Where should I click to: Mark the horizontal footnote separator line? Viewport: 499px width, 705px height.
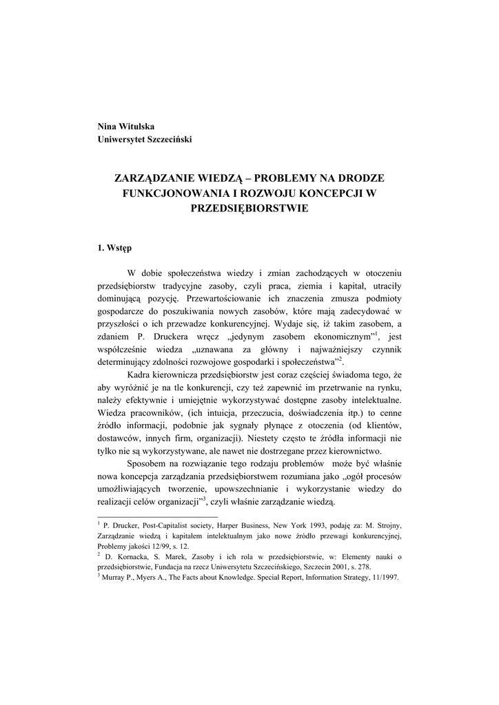pos(159,516)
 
